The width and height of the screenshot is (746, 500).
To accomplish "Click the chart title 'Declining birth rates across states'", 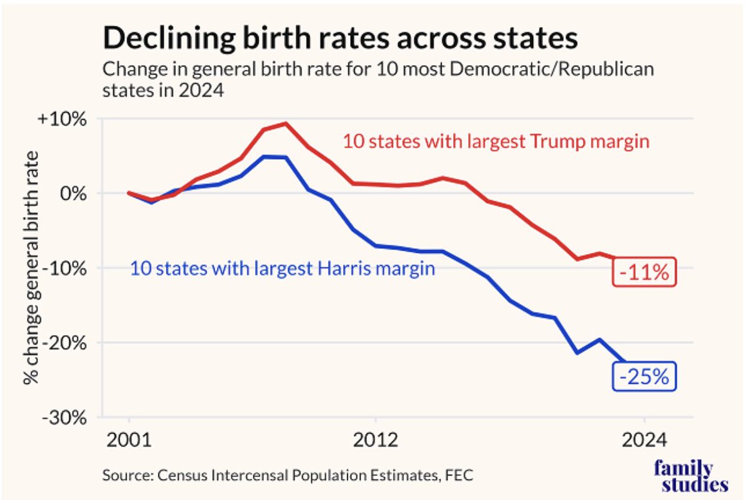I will pos(340,38).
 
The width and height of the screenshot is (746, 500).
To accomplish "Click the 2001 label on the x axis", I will pos(129,441).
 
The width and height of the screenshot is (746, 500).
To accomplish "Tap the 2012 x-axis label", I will pos(375,441).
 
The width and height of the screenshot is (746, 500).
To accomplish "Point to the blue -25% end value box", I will pos(644,377).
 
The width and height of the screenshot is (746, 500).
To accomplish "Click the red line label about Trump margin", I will pos(495,142).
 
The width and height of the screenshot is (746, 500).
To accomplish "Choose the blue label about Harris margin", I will pos(282,269).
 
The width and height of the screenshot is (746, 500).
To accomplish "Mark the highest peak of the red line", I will pos(285,123).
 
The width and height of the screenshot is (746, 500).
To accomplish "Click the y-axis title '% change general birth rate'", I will pos(31,267).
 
